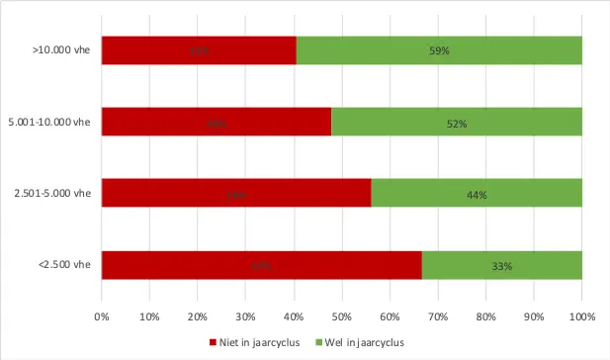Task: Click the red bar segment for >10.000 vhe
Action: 199,50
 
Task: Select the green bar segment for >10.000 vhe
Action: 439,50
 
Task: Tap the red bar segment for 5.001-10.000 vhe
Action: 216,122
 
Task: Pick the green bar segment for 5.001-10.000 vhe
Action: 456,122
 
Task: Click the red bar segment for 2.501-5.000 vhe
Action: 236,193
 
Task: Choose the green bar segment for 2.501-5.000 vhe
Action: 476,193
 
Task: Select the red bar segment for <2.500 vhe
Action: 261,265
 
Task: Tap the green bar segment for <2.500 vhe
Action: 501,265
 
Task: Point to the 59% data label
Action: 440,51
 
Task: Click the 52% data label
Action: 456,124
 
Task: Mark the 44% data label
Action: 477,195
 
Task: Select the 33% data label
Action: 502,266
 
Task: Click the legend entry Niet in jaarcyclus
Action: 256,342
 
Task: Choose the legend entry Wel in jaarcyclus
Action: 360,342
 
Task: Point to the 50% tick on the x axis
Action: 342,316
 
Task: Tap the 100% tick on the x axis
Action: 581,316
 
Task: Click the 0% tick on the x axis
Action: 102,316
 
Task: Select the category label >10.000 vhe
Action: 61,50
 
